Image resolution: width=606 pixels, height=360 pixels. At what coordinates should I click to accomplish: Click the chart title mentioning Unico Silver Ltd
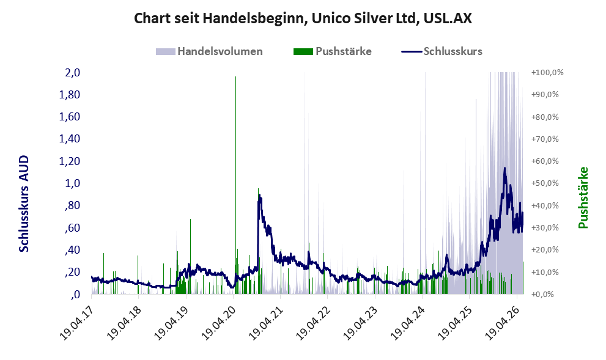click(303, 18)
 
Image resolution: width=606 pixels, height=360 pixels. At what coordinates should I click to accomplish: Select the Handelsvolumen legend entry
click(209, 51)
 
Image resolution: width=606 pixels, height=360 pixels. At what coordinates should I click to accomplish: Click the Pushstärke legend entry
click(333, 51)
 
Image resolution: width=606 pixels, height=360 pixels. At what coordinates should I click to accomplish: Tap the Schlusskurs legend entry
click(442, 51)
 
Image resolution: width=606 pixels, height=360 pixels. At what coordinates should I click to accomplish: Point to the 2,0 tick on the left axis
click(73, 73)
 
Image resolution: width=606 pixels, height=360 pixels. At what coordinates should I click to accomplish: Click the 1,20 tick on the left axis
click(69, 161)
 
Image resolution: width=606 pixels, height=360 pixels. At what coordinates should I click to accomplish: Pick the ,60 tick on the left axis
click(73, 227)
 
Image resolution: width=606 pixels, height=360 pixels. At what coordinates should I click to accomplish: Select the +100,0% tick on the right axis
click(548, 73)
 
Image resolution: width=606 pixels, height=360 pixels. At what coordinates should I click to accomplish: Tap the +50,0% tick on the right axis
click(545, 183)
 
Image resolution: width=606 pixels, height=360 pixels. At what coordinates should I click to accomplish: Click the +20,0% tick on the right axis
click(545, 249)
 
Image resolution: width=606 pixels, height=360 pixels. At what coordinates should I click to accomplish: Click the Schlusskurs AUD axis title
click(24, 204)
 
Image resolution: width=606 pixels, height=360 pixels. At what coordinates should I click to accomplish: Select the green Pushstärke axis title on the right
click(583, 198)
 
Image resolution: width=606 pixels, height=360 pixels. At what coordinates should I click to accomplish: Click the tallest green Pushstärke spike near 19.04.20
click(235, 185)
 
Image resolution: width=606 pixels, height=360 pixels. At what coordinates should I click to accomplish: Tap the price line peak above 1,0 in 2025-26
click(504, 169)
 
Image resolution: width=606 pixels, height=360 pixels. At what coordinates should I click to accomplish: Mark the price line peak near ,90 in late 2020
click(259, 196)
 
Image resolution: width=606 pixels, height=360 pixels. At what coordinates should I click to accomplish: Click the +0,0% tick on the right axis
click(543, 295)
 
